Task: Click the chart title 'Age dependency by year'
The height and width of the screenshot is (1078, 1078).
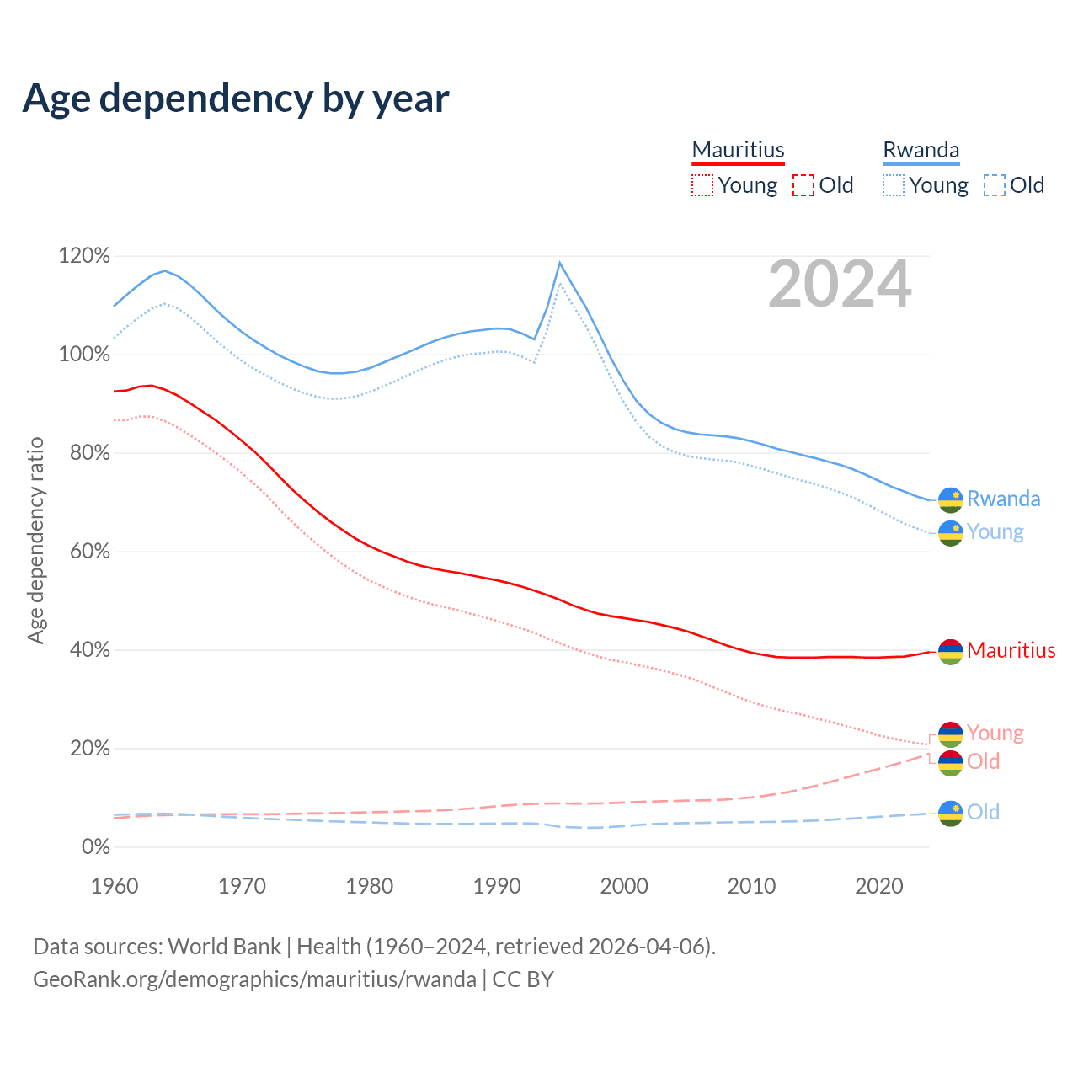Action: tap(236, 99)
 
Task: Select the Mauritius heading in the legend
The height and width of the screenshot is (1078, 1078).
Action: tap(738, 150)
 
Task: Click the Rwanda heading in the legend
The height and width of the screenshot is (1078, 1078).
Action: tap(921, 150)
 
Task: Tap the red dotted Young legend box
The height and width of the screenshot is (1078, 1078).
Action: tap(702, 185)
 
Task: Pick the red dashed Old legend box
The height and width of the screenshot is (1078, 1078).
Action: tap(803, 185)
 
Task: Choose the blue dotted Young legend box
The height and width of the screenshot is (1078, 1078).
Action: tap(894, 185)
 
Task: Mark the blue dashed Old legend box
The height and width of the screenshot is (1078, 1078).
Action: tap(995, 185)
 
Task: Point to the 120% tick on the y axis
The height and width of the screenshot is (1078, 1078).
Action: tap(84, 255)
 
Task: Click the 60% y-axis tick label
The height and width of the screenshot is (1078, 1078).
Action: tap(84, 552)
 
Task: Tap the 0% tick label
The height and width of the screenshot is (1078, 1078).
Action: tap(95, 847)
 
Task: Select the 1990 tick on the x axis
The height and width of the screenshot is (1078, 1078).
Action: tap(497, 886)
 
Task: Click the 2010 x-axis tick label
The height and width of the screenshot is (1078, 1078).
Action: tap(751, 886)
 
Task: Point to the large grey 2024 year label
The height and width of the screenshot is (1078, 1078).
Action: tap(840, 285)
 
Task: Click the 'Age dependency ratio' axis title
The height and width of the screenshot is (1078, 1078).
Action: tap(35, 540)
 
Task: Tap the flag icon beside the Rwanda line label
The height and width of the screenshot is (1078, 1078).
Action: tap(951, 499)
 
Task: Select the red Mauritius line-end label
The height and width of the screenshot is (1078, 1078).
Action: tap(1011, 650)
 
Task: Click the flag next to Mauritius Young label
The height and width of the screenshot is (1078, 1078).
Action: tap(951, 734)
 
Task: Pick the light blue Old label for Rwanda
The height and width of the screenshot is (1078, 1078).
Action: tap(983, 812)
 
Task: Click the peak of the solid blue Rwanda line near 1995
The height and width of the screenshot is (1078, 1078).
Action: tap(559, 263)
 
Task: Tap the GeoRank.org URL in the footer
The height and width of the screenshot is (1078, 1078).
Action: tap(254, 979)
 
